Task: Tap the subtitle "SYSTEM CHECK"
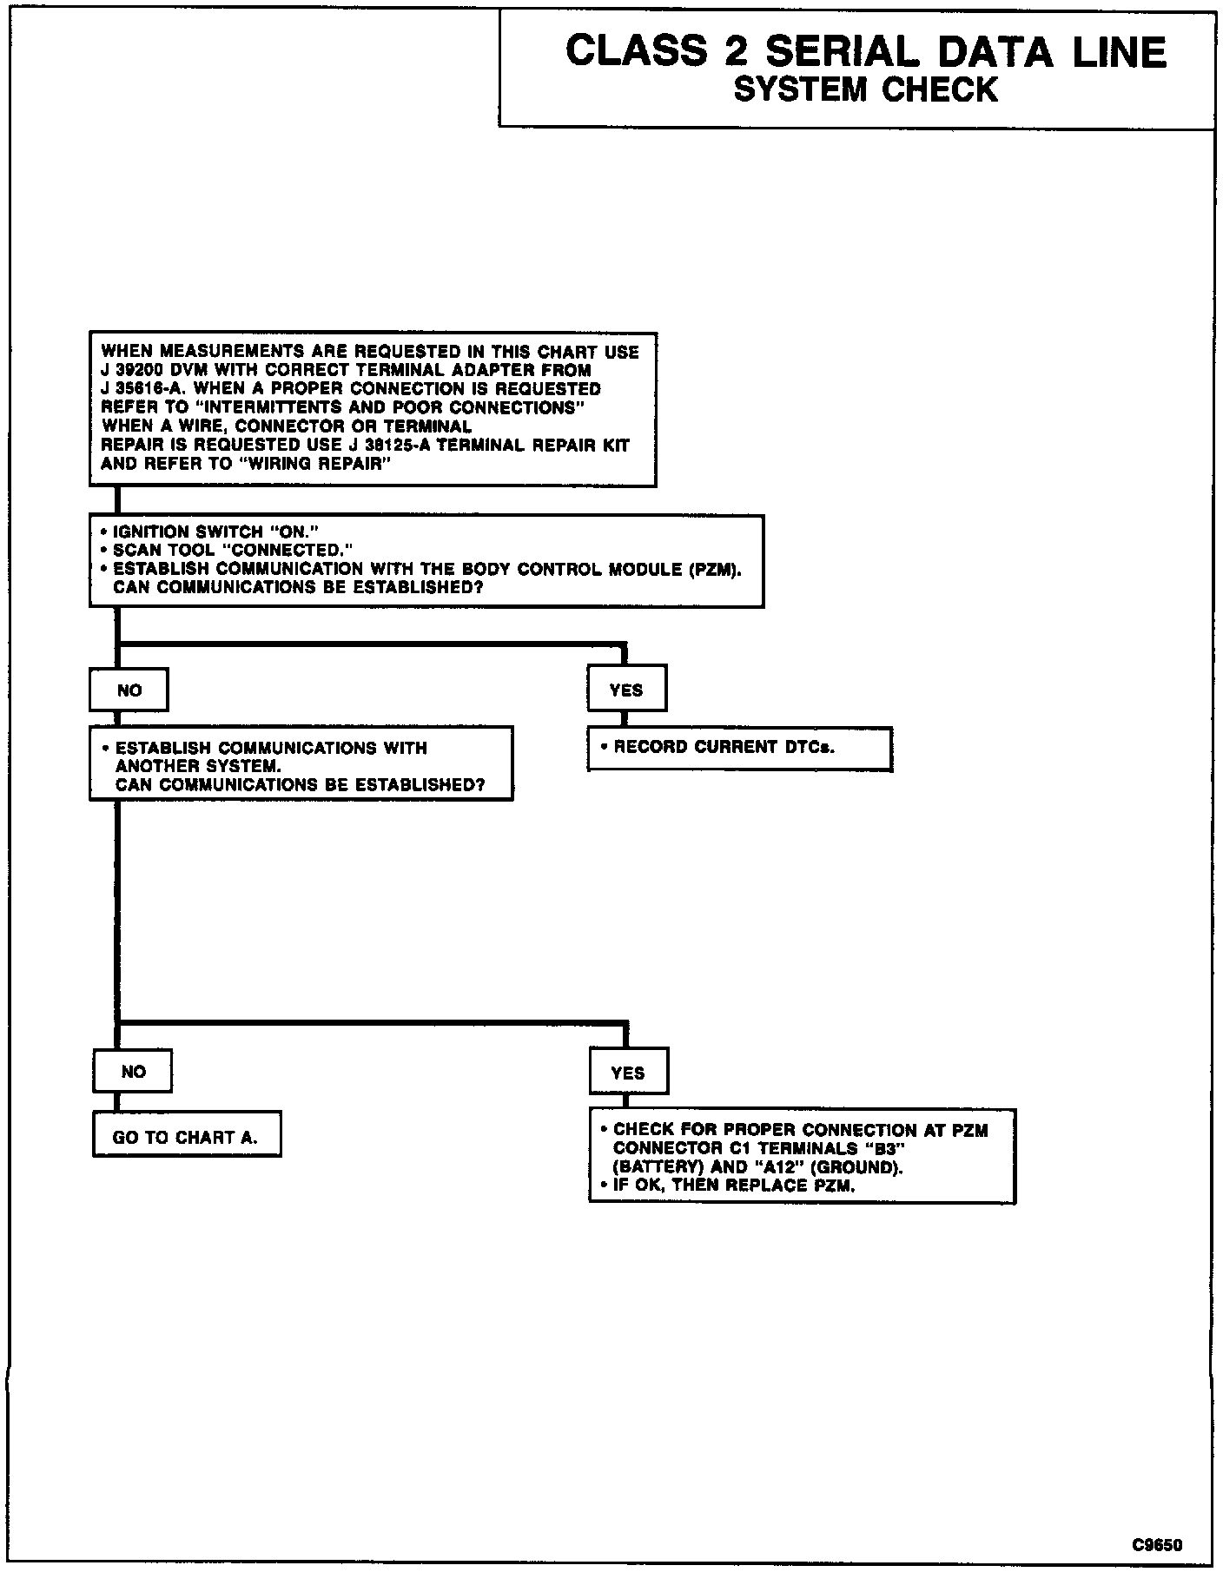pos(865,90)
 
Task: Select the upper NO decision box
pos(129,690)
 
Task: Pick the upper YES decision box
pos(626,690)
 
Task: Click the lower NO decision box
pos(133,1072)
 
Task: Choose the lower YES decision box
pos(628,1073)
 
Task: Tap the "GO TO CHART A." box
pos(186,1137)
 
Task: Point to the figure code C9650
pos(1156,1544)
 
